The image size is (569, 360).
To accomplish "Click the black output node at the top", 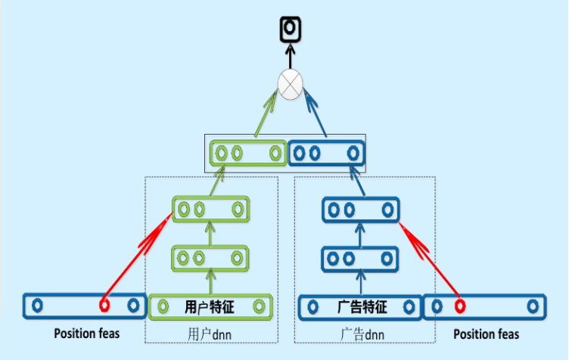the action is point(288,29).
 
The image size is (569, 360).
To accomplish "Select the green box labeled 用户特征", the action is point(210,307).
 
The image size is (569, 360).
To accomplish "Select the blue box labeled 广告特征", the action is point(359,308).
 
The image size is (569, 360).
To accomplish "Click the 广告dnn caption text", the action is point(360,334).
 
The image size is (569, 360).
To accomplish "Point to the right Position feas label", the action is point(486,334).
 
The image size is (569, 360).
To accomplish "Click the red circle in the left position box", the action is point(104,306).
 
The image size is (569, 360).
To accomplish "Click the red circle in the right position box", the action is point(459,307).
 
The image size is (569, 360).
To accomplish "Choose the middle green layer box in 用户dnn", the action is point(210,258).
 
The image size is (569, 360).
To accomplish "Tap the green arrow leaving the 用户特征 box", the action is point(210,283).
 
